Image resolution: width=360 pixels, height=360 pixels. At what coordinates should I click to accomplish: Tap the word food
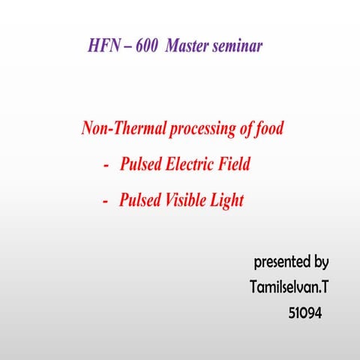pos(269,129)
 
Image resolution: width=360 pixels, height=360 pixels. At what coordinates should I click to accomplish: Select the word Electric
pos(190,165)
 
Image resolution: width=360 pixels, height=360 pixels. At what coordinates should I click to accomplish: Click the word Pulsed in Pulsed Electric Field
pos(140,165)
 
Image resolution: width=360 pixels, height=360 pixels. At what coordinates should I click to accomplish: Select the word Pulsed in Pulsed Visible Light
pos(139,201)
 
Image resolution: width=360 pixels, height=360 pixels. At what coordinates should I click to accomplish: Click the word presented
pos(282,262)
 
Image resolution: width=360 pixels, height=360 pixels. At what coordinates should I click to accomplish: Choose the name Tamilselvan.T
pos(288,287)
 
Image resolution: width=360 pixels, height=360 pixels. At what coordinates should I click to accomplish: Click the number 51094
pos(305,313)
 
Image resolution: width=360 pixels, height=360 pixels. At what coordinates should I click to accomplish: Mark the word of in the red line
pos(247,129)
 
